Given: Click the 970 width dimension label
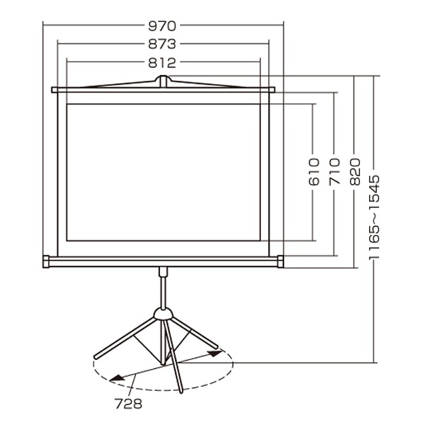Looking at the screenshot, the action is click(162, 26).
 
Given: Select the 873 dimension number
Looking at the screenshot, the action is click(162, 44).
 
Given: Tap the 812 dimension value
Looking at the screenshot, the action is click(162, 63).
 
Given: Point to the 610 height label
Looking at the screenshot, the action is click(314, 172).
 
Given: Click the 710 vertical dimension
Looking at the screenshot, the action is click(334, 172).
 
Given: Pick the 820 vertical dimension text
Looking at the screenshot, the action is click(355, 172).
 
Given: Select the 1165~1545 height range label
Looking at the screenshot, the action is click(374, 217).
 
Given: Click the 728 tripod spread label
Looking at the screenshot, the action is click(128, 404).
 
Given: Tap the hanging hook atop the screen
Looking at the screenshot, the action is click(163, 81).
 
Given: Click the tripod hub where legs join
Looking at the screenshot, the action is click(163, 314).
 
